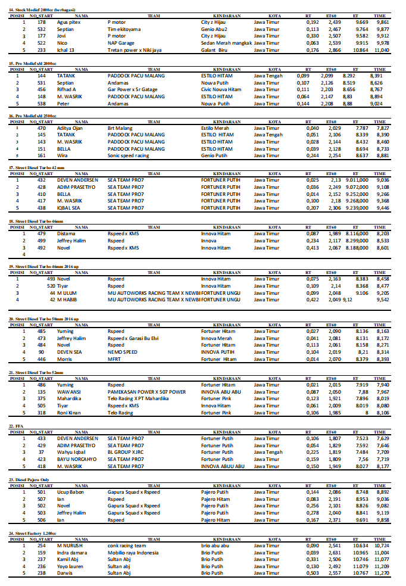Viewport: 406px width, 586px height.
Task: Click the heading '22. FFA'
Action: click(17, 427)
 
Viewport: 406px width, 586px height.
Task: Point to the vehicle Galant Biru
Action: click(215, 50)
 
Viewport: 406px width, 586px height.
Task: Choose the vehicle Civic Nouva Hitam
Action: click(221, 89)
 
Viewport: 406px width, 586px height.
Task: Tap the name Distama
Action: click(67, 233)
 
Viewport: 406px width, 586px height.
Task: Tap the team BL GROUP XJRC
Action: click(127, 452)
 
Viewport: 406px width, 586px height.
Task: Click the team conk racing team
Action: click(127, 546)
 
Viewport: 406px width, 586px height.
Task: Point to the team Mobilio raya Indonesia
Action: click(133, 553)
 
